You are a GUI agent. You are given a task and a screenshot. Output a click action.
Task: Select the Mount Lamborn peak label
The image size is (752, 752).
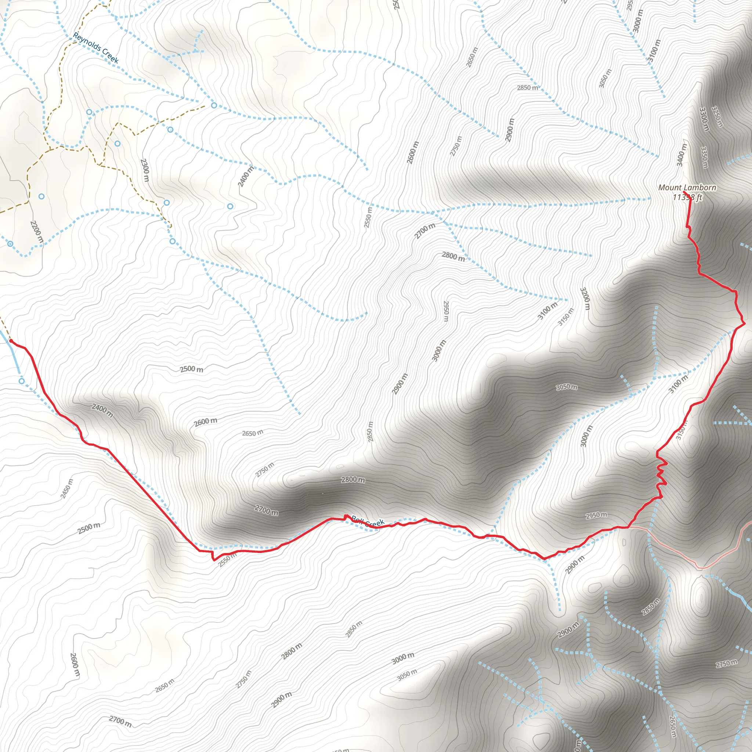click(687, 188)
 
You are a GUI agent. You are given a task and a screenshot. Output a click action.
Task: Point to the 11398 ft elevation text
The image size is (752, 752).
click(687, 197)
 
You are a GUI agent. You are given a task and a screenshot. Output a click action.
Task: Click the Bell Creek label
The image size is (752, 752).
click(368, 521)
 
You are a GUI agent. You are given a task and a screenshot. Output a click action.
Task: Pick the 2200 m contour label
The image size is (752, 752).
click(37, 232)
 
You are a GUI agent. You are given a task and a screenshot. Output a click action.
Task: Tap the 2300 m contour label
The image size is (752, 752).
click(145, 170)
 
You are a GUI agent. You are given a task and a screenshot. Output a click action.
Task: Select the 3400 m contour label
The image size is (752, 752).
click(681, 155)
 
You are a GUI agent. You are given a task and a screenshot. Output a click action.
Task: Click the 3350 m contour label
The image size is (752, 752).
click(704, 157)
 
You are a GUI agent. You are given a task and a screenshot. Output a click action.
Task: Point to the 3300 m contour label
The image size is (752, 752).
click(704, 119)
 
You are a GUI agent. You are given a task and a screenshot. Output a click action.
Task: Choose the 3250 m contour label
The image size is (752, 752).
click(717, 116)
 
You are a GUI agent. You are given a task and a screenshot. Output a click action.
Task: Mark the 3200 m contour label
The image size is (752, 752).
click(585, 299)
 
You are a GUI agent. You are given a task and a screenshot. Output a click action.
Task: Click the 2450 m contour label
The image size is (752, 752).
click(67, 488)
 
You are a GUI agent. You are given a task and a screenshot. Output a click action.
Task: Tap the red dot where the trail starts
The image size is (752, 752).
click(11, 341)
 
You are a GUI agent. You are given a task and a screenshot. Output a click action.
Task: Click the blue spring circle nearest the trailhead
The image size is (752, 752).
click(22, 381)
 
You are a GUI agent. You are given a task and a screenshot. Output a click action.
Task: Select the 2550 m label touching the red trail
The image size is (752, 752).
click(227, 560)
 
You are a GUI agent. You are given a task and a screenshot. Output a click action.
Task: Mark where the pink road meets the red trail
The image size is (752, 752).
click(628, 527)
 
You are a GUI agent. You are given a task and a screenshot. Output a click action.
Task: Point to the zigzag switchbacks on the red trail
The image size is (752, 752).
click(661, 474)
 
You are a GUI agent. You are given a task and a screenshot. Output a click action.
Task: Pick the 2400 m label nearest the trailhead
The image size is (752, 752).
click(102, 411)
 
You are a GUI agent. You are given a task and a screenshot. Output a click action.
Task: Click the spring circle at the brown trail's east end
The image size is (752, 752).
click(214, 105)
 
